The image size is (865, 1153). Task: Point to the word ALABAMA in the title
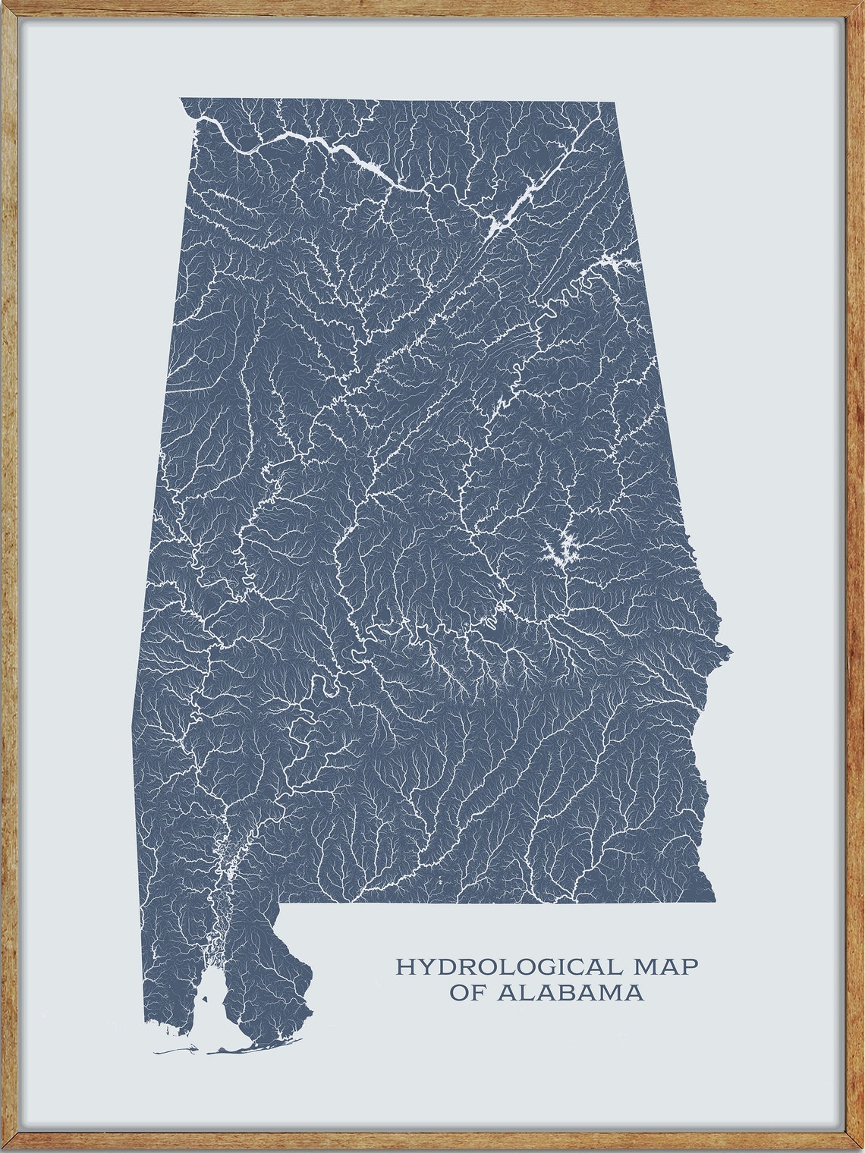pyautogui.click(x=570, y=992)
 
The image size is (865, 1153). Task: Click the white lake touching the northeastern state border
pyautogui.click(x=618, y=262)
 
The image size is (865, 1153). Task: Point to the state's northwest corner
pyautogui.click(x=181, y=99)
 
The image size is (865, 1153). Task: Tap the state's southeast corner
pyautogui.click(x=714, y=902)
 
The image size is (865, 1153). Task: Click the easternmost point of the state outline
pyautogui.click(x=731, y=650)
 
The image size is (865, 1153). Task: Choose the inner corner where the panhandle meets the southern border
pyautogui.click(x=280, y=904)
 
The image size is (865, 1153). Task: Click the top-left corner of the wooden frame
pyautogui.click(x=6, y=6)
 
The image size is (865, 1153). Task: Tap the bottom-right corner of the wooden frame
pyautogui.click(x=858, y=1146)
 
